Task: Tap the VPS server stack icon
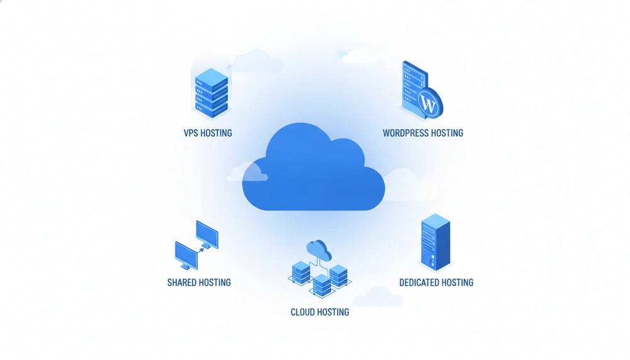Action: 211,93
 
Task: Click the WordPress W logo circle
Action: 429,104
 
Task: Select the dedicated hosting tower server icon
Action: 435,242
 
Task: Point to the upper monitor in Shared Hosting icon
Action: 207,235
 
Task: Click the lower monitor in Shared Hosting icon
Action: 186,255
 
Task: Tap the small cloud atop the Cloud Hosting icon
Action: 319,250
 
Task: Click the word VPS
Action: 190,133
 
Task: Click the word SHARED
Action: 181,283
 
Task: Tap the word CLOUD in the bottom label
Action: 302,312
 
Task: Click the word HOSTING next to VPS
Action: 216,133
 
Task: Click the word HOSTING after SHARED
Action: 215,283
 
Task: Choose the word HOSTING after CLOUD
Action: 333,312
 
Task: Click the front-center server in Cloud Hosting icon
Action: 322,285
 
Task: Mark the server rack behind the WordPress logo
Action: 414,88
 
